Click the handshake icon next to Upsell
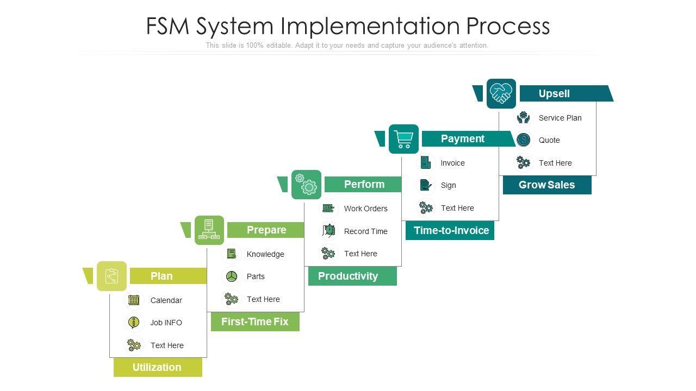(501, 93)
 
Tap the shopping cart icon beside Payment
(403, 139)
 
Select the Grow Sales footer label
(547, 185)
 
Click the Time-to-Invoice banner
(450, 231)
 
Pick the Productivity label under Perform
(352, 276)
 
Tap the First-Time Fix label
(255, 322)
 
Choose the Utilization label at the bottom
(158, 368)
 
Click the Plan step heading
(161, 276)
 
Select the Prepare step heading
(266, 230)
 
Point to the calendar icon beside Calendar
(134, 300)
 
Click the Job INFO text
(166, 323)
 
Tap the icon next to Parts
(232, 276)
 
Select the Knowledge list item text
(265, 254)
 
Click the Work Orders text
(366, 209)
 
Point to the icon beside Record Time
(328, 231)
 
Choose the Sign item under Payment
(449, 185)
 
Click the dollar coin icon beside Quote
(523, 140)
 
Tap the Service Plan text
(560, 118)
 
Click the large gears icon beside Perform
(306, 185)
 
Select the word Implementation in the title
(370, 26)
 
